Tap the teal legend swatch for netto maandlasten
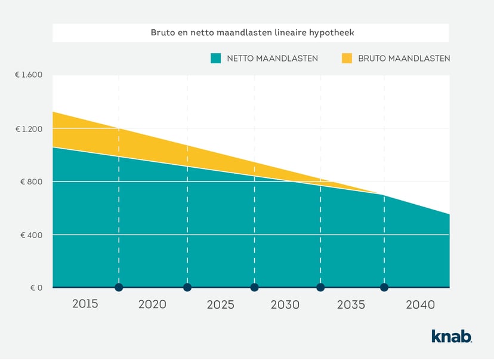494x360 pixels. point(216,59)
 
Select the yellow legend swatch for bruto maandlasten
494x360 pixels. point(347,59)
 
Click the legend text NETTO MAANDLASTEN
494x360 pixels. point(272,59)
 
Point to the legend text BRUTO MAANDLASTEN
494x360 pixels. point(404,59)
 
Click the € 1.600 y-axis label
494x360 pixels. point(29,75)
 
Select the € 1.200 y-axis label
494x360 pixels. point(29,128)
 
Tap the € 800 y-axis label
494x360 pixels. point(32,181)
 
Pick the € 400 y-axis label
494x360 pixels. point(32,235)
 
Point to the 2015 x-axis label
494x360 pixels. point(85,304)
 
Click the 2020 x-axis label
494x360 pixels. point(152,304)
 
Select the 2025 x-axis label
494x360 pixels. point(221,304)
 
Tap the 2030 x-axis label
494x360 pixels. point(285,304)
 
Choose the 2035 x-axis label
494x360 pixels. point(351,304)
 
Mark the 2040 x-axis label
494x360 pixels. point(420,304)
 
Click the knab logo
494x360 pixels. point(452,336)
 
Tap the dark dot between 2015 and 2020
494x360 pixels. point(119,287)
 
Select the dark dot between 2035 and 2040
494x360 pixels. point(384,287)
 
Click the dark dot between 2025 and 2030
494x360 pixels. point(254,287)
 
